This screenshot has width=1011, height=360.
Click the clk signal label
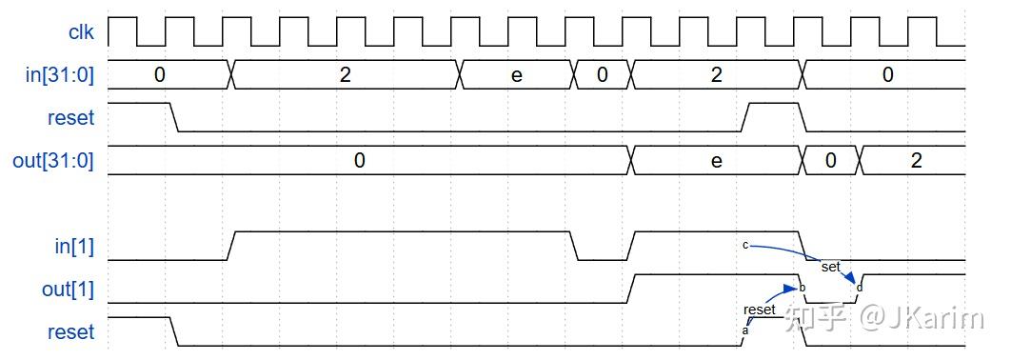coord(81,32)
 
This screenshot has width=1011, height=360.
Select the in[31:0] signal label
coord(60,75)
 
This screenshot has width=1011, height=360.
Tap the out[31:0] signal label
coord(53,161)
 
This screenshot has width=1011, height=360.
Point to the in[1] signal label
coord(74,247)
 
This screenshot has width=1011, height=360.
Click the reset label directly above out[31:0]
coord(71,118)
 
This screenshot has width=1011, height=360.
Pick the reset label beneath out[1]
coord(71,332)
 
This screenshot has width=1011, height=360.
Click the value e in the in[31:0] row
coord(517,75)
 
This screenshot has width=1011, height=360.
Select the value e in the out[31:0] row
coord(717,161)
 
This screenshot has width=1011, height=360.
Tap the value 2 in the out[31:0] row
coord(916,161)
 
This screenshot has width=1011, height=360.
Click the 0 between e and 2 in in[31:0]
coord(603,75)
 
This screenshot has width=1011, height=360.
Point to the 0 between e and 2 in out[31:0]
coord(830,161)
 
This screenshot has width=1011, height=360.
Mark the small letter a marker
coord(745,330)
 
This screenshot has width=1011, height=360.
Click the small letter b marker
coord(803,288)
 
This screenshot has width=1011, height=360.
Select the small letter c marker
coord(745,245)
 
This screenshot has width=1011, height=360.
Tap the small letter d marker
coord(860,288)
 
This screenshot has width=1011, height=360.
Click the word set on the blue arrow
coord(830,268)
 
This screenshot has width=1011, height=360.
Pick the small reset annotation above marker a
coord(760,310)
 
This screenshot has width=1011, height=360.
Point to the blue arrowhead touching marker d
coord(853,280)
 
